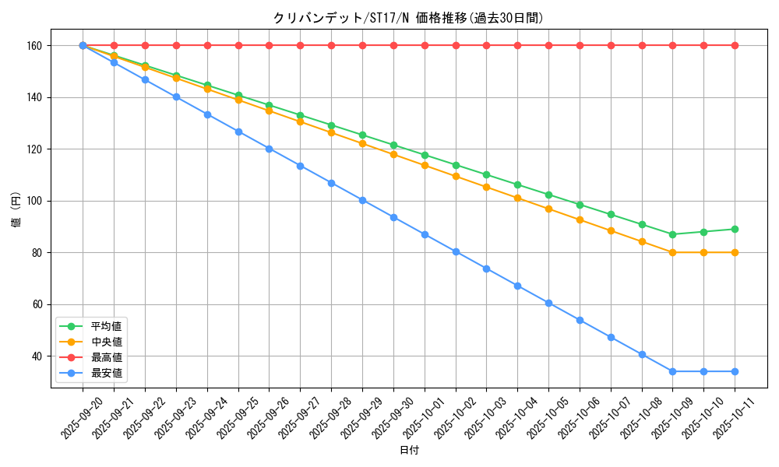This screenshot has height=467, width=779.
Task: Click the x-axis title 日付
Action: click(409, 451)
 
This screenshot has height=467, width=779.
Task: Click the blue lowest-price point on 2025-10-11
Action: click(735, 371)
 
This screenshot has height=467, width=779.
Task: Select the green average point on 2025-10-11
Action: click(735, 229)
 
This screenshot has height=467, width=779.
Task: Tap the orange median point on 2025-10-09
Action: click(672, 252)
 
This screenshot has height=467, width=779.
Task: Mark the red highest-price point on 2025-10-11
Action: click(735, 45)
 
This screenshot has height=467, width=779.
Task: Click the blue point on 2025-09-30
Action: click(393, 217)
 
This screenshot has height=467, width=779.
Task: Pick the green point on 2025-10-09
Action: click(672, 234)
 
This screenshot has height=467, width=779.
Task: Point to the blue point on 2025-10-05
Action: click(548, 303)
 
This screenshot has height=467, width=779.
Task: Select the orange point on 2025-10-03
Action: click(486, 187)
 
